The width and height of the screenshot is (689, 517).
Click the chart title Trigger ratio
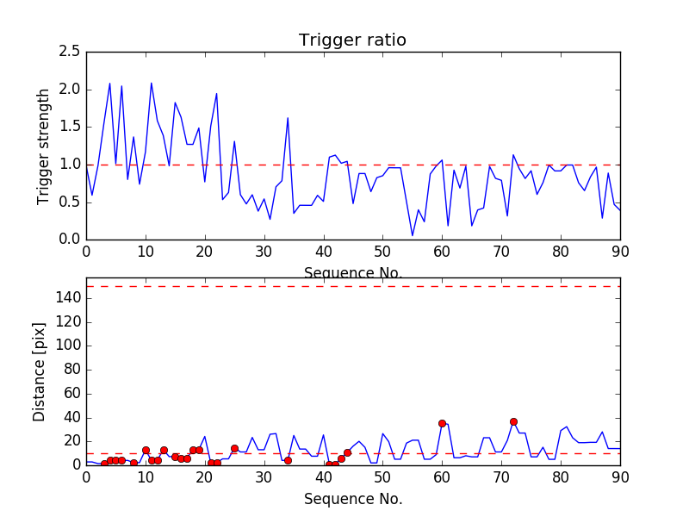coord(352,40)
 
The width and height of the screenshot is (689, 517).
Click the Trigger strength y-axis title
coord(44,146)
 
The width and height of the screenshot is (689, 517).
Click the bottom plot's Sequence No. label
coord(353,499)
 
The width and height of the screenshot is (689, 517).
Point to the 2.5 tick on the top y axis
coord(71,52)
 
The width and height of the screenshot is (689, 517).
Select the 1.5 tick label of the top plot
coord(71,127)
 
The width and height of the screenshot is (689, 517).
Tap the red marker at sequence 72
coord(513,422)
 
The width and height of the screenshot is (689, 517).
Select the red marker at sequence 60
coord(442,423)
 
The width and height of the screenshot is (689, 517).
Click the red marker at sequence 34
coord(288,460)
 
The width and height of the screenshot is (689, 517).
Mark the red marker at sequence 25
coord(234,448)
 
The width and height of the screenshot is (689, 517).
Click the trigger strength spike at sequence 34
coord(288,118)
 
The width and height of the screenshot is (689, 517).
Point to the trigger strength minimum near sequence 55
coord(413,235)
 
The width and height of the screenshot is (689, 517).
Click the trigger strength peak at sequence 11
coord(152,84)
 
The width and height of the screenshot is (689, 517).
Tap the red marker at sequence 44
coord(347,452)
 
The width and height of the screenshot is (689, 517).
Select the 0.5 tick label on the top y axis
coord(71,202)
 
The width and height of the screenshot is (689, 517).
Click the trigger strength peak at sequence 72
coord(513,155)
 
